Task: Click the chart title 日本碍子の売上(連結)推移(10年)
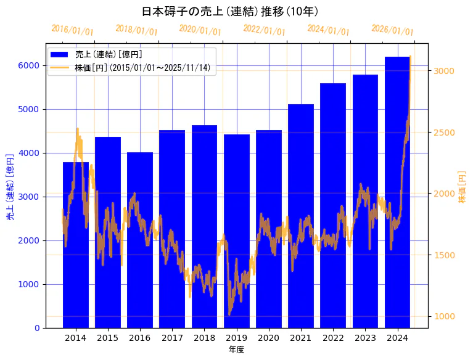[x=230, y=11]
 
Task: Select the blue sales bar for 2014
[x=76, y=247]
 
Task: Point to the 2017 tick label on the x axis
[x=172, y=338]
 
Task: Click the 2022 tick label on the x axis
[x=333, y=338]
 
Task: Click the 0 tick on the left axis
[x=37, y=328]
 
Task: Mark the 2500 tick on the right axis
[x=445, y=133]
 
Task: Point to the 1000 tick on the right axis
[x=445, y=316]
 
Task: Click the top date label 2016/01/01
[x=72, y=30]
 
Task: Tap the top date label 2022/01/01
[x=264, y=30]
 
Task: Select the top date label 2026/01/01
[x=392, y=30]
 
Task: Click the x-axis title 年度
[x=236, y=350]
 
